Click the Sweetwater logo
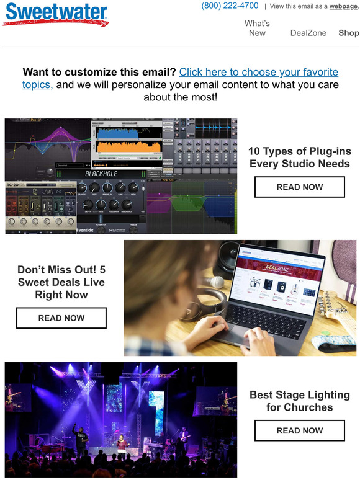[x=55, y=14]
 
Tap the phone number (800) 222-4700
[x=230, y=6]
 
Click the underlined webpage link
[x=343, y=6]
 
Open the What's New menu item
[x=257, y=28]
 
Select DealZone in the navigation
[x=308, y=33]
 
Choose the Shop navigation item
[x=348, y=33]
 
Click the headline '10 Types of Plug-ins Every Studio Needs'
[x=299, y=158]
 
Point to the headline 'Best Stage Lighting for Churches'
[x=299, y=401]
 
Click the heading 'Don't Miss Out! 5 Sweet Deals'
[x=61, y=282]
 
